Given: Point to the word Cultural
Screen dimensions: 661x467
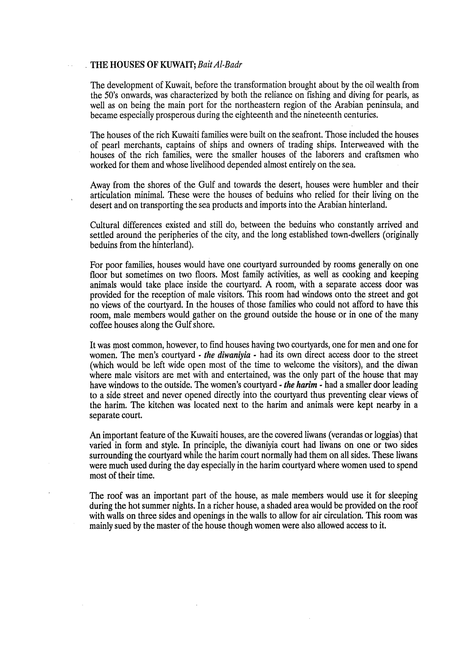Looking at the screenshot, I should point(105,225).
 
